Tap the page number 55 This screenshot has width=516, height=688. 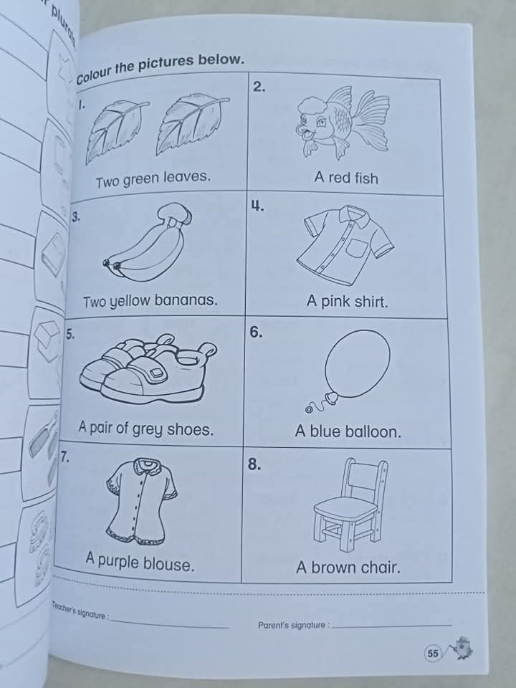[433, 653]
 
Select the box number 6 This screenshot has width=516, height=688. [256, 333]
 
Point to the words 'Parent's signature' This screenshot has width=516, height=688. [292, 625]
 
